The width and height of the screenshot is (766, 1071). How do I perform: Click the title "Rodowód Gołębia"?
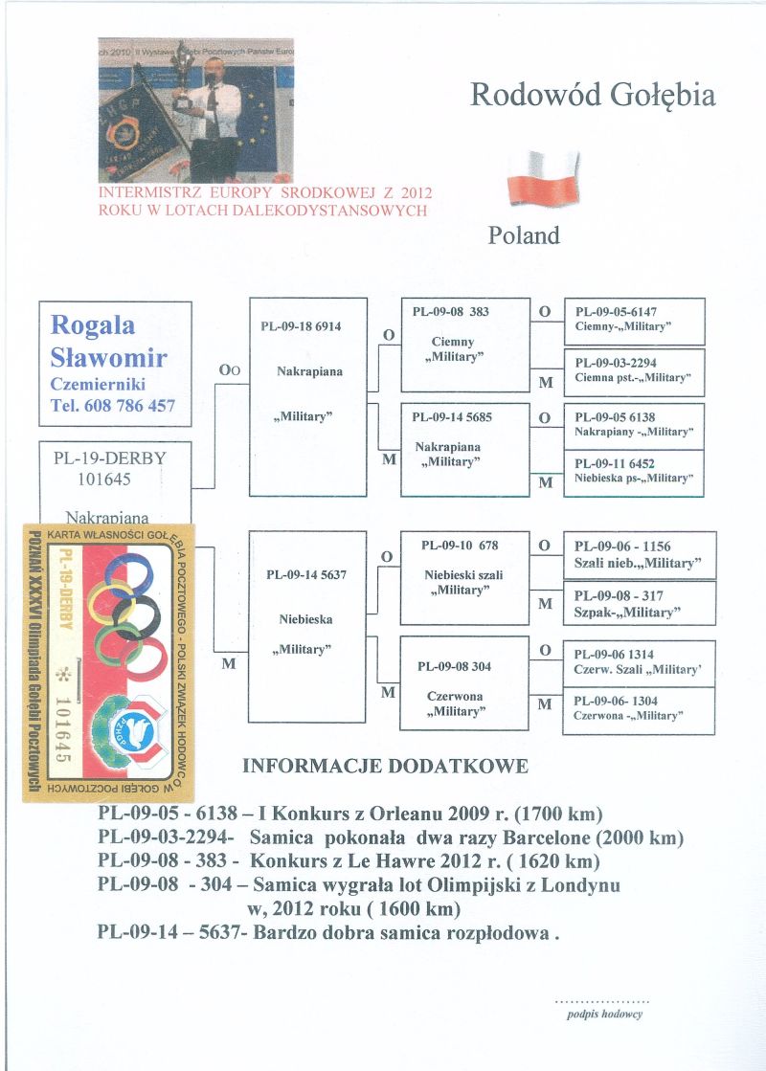(x=593, y=96)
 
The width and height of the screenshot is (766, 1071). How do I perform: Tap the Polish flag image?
(x=543, y=177)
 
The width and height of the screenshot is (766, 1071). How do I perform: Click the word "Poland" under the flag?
(x=524, y=235)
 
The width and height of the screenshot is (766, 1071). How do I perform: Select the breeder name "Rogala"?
(x=92, y=325)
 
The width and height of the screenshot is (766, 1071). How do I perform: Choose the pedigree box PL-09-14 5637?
(x=307, y=626)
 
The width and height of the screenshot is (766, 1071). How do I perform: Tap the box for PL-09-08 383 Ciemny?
(x=465, y=345)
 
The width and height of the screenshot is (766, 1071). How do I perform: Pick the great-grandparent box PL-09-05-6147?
(x=634, y=321)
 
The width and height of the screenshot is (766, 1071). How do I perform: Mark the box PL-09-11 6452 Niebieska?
(x=634, y=471)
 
